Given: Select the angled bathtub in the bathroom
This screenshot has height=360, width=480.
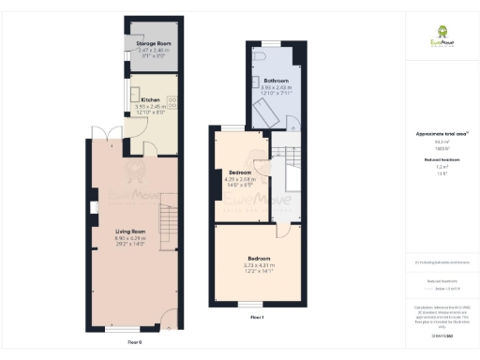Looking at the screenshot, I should click(x=272, y=113).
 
